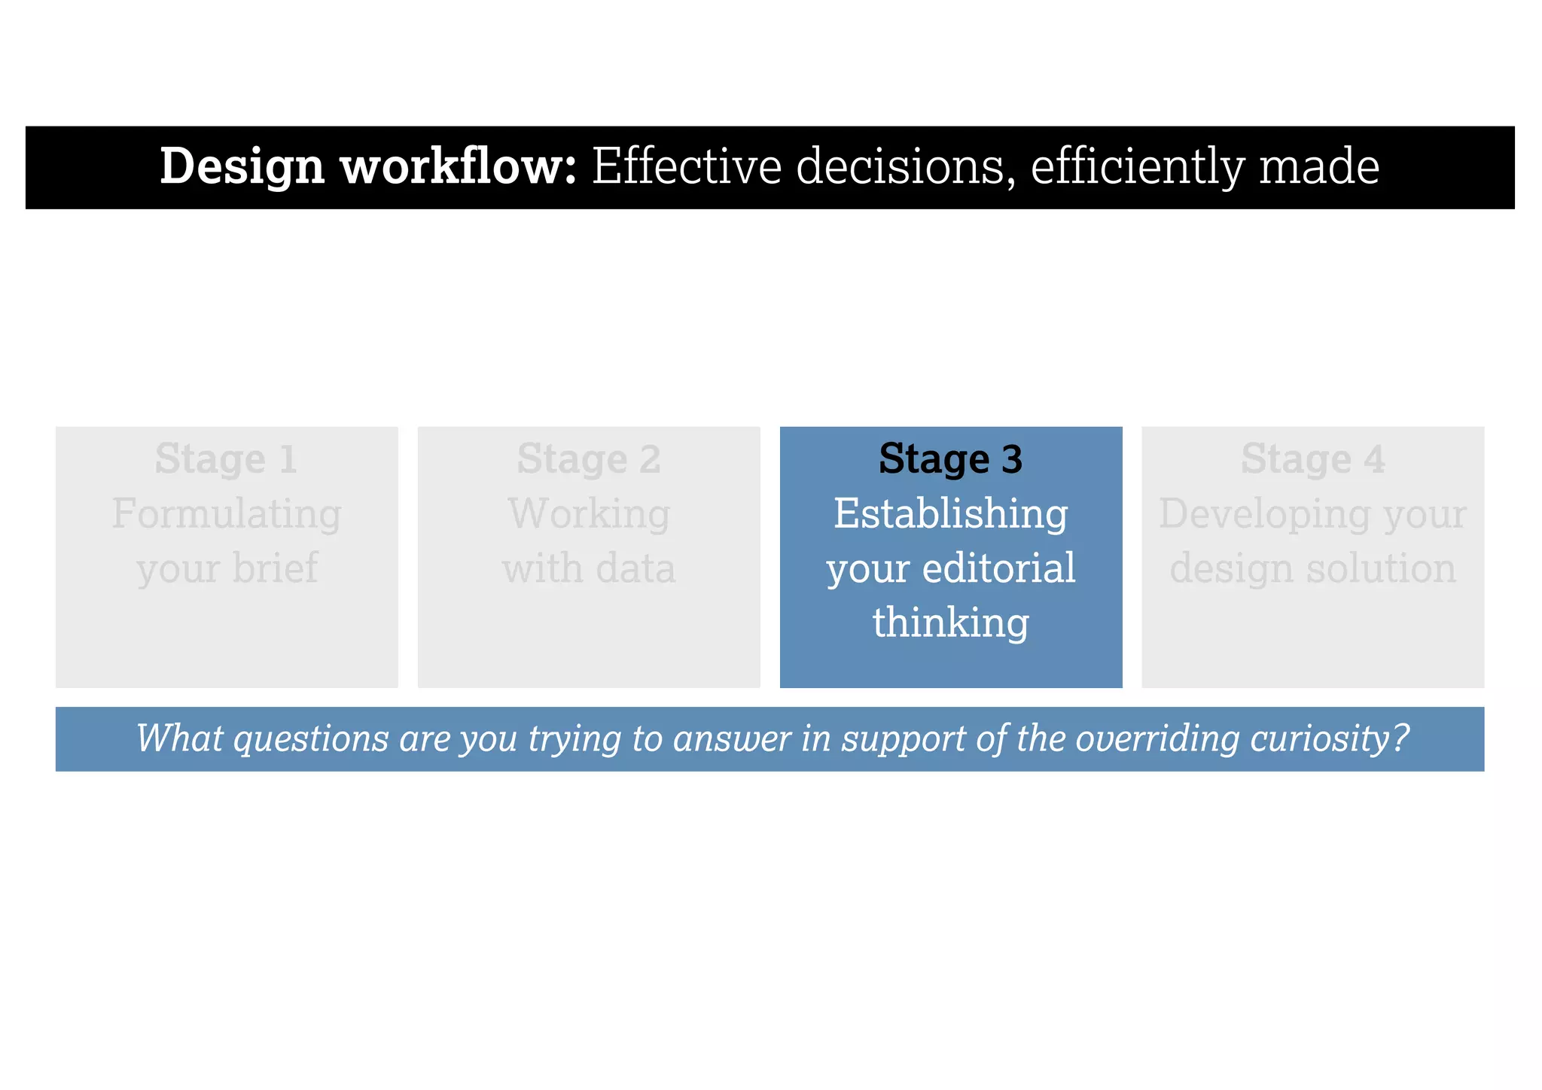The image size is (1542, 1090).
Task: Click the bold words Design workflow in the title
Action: click(367, 166)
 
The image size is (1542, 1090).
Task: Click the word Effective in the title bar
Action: click(687, 166)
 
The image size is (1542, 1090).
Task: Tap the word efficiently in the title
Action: click(1137, 166)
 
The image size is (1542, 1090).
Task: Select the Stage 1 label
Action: click(227, 458)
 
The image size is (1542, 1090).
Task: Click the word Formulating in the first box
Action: click(227, 514)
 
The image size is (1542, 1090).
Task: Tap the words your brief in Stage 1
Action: click(227, 568)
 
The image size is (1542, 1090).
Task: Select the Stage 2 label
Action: click(589, 458)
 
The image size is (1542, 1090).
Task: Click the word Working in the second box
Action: click(589, 514)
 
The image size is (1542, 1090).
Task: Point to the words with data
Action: click(589, 568)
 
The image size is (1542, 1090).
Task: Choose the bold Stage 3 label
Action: click(950, 458)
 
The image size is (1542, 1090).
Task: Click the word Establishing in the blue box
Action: click(950, 514)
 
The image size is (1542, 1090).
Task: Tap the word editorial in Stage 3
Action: click(998, 568)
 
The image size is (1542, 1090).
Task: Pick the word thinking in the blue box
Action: click(950, 623)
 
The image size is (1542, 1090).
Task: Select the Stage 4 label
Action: click(1312, 458)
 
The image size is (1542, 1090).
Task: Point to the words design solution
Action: click(1312, 568)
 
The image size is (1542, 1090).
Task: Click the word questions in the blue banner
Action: click(311, 738)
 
